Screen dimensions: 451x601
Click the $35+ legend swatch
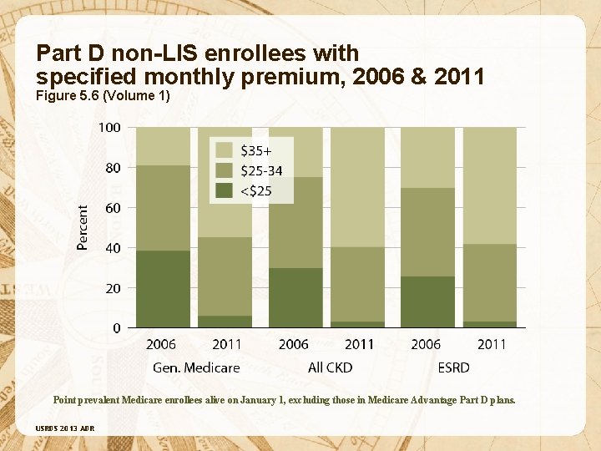tap(224, 150)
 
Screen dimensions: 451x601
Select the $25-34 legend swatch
tap(224, 170)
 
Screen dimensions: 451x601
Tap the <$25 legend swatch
tap(224, 190)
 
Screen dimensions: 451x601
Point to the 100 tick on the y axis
tap(110, 128)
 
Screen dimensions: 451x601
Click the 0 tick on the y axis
tap(117, 328)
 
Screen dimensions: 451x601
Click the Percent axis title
tap(83, 228)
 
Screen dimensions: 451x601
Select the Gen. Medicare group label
tap(196, 367)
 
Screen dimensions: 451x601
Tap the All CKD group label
tap(330, 367)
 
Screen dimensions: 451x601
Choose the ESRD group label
tap(453, 367)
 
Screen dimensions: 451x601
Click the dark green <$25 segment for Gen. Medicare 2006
tap(163, 289)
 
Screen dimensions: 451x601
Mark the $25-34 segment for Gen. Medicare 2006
tap(163, 208)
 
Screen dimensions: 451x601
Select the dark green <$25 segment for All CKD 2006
tap(295, 297)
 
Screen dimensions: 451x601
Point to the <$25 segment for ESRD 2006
tap(427, 302)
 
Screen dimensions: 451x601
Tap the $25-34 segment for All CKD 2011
tap(359, 284)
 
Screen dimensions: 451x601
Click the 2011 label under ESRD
tap(491, 344)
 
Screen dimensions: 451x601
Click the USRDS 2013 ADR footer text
tap(65, 428)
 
